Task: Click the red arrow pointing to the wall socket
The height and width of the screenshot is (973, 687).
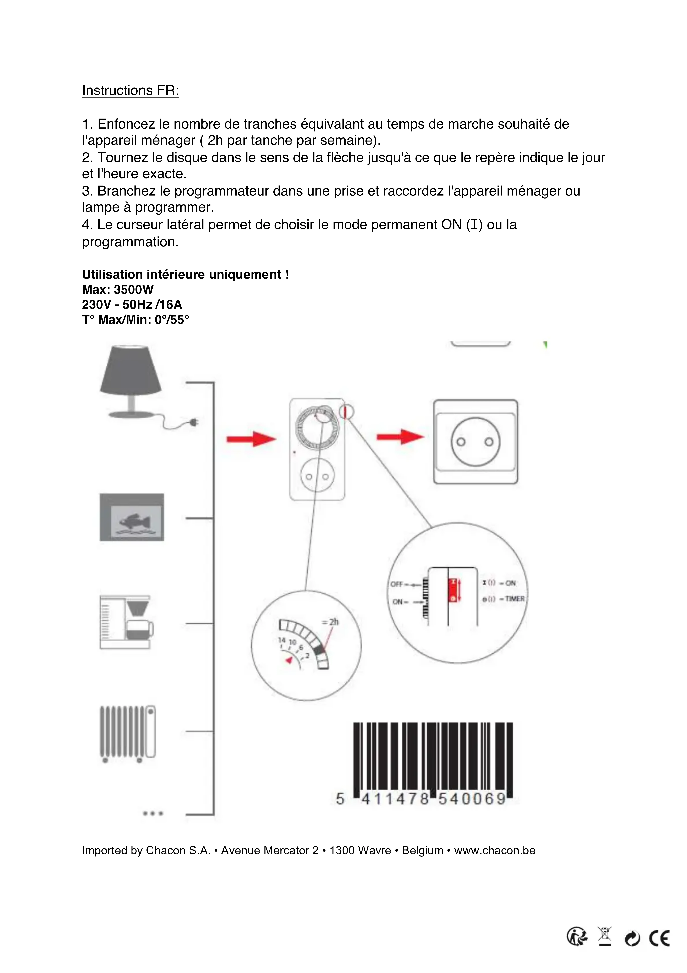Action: pyautogui.click(x=400, y=436)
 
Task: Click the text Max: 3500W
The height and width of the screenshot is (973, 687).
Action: pyautogui.click(x=118, y=289)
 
